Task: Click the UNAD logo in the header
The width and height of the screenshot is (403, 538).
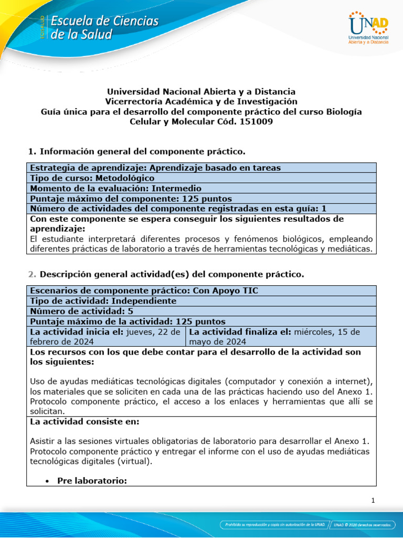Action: pos(368,28)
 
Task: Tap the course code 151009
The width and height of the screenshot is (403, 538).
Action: pos(256,121)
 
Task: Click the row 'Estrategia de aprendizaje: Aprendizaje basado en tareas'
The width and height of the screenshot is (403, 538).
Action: pos(155,168)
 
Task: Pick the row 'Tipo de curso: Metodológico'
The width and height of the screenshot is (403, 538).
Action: pos(92,178)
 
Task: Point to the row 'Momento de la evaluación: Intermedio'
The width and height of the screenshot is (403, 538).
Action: pos(115,188)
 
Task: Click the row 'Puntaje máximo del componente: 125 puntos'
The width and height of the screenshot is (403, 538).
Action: pos(131,199)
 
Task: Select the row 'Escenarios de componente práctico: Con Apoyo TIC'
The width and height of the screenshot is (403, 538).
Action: pos(144,291)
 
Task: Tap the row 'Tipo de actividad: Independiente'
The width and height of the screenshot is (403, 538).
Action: pos(103,301)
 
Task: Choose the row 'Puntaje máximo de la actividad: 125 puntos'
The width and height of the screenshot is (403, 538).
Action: pos(128,321)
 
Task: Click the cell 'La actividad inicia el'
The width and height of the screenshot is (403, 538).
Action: pos(105,336)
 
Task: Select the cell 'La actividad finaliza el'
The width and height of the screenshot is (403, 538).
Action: pos(280,336)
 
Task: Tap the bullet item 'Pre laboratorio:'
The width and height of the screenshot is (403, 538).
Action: pos(92,480)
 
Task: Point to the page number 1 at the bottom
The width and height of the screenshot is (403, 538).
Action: pos(373,501)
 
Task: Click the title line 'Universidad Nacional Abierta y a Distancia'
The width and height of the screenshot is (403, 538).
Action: pos(201,91)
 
